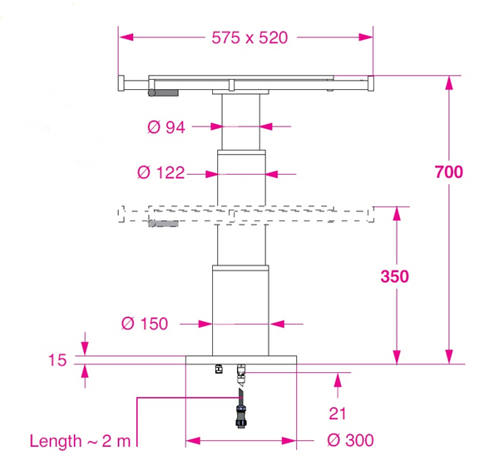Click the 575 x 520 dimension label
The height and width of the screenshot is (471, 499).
click(x=249, y=37)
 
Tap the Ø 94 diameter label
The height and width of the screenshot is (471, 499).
click(x=166, y=127)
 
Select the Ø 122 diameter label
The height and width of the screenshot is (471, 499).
click(x=161, y=173)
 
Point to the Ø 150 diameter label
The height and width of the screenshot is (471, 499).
click(x=145, y=324)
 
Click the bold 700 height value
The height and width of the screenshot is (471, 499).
click(x=449, y=172)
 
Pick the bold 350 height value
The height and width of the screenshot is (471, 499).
click(x=394, y=276)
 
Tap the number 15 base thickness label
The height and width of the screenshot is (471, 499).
click(x=57, y=360)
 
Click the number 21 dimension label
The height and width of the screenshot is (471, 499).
click(x=338, y=414)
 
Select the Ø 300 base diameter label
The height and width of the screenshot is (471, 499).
click(x=350, y=440)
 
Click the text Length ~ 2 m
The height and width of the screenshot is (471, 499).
click(x=80, y=441)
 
